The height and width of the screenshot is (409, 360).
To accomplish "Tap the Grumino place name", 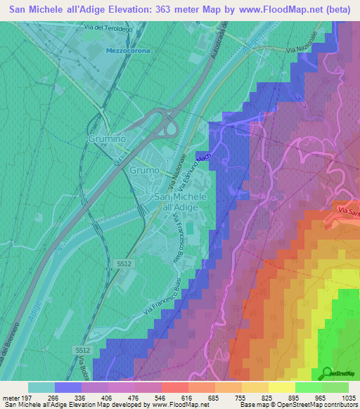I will click(108, 139).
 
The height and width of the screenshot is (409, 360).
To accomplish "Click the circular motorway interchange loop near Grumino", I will click(169, 127).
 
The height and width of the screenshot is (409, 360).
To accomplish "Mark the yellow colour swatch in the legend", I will click(281, 387).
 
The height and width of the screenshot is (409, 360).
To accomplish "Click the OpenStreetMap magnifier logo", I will click(328, 372).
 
